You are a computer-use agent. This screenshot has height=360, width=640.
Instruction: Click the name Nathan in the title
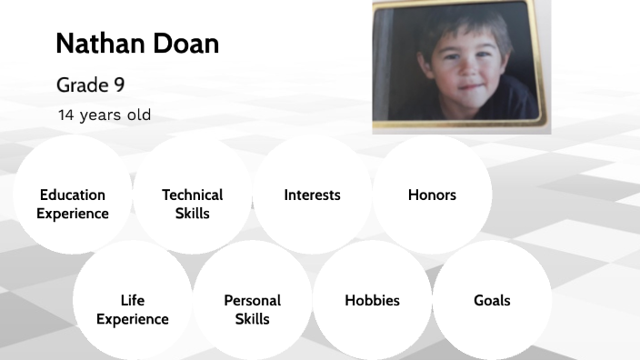click(x=97, y=44)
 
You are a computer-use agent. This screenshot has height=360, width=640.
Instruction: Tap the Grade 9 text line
click(x=90, y=85)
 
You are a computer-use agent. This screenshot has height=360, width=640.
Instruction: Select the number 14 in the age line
click(x=65, y=115)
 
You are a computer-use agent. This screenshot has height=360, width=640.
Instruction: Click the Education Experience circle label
click(x=73, y=205)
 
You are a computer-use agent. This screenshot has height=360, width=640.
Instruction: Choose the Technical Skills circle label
click(x=192, y=205)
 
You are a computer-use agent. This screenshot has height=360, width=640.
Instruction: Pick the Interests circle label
click(x=312, y=195)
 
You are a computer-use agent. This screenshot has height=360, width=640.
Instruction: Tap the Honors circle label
click(x=432, y=195)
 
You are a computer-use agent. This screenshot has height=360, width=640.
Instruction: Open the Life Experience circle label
click(x=133, y=310)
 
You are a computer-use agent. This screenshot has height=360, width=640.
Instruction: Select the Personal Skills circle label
click(x=252, y=310)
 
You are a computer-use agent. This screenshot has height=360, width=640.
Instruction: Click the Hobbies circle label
click(x=372, y=301)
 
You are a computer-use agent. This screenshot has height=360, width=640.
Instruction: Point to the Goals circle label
click(x=492, y=301)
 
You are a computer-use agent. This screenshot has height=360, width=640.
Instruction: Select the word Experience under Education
click(x=73, y=215)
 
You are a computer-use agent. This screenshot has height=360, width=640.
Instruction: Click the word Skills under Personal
click(x=252, y=320)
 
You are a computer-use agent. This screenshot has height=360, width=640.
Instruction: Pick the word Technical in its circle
click(x=192, y=195)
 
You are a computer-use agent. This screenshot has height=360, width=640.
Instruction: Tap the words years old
click(x=115, y=115)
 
